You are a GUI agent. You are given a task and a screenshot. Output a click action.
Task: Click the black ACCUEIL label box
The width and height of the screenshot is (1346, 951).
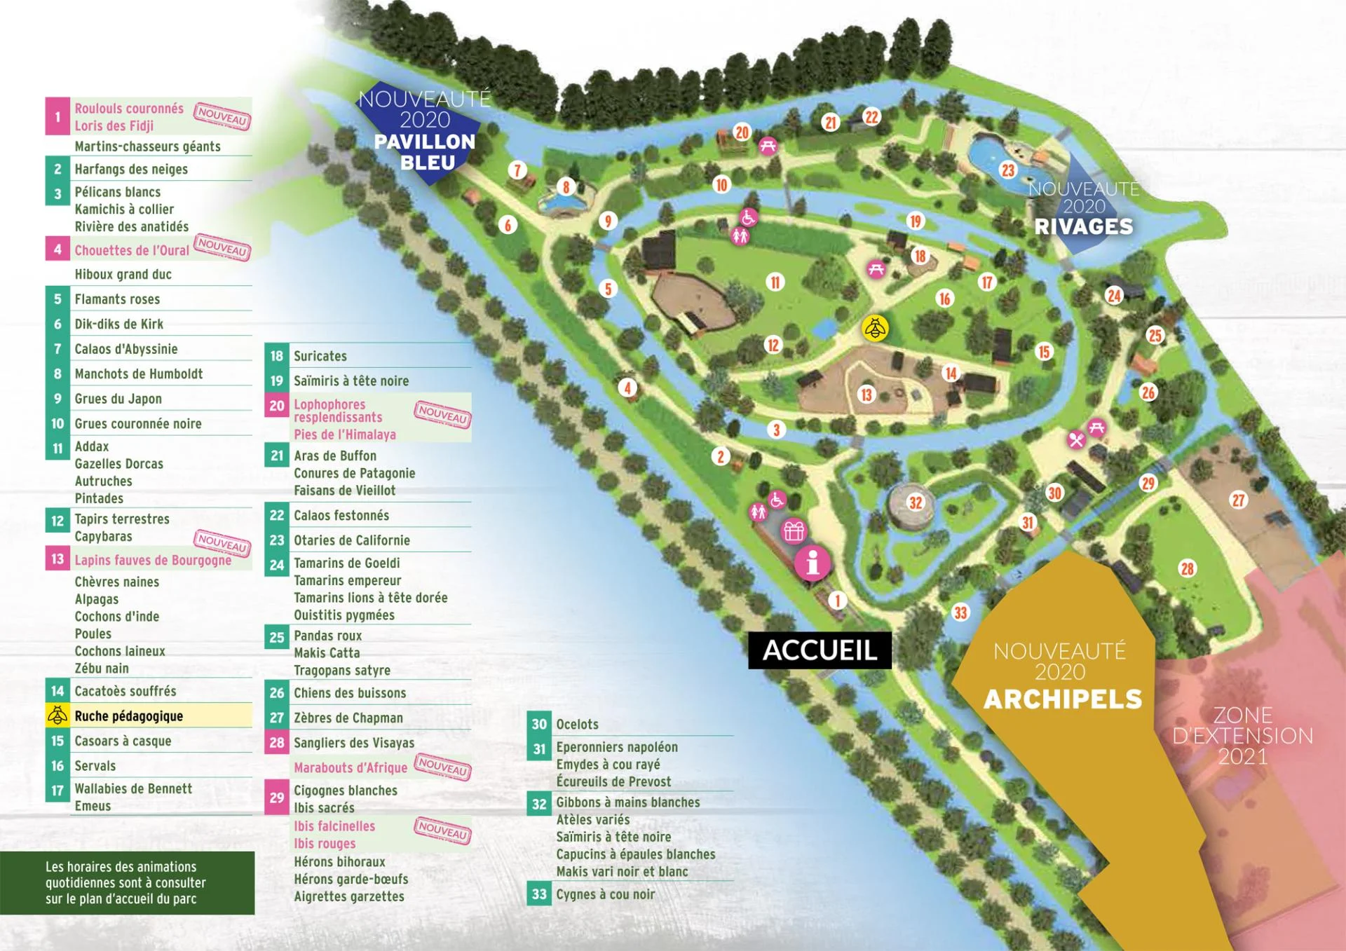pyautogui.click(x=820, y=650)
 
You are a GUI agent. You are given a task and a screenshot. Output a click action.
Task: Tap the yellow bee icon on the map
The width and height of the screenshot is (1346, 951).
pyautogui.click(x=875, y=328)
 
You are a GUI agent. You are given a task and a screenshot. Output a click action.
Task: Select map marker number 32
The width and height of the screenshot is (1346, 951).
pyautogui.click(x=916, y=502)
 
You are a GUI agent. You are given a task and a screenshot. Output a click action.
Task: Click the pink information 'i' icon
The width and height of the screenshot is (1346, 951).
pyautogui.click(x=813, y=563)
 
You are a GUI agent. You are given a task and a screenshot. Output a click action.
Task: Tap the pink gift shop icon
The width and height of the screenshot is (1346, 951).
pyautogui.click(x=794, y=531)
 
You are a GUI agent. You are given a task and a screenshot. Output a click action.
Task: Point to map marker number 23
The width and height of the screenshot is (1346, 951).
pyautogui.click(x=1008, y=170)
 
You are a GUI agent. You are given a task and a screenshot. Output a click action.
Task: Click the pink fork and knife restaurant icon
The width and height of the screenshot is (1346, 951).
pyautogui.click(x=1077, y=440)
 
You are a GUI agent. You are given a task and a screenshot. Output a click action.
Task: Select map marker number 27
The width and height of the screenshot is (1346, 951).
pyautogui.click(x=1239, y=500)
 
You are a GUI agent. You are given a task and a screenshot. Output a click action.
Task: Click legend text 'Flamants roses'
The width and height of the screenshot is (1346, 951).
pyautogui.click(x=117, y=299)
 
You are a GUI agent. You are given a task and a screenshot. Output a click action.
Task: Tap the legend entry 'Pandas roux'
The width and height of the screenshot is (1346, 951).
pyautogui.click(x=327, y=636)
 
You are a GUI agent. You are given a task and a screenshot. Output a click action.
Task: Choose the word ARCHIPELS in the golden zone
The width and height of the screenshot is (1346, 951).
pyautogui.click(x=1063, y=699)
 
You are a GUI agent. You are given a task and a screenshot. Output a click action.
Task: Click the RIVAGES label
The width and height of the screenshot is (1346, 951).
pyautogui.click(x=1084, y=226)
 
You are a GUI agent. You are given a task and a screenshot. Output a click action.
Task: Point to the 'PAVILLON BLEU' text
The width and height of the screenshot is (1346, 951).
pyautogui.click(x=425, y=152)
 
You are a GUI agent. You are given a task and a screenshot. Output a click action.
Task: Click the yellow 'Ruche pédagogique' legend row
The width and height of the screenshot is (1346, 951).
pyautogui.click(x=149, y=716)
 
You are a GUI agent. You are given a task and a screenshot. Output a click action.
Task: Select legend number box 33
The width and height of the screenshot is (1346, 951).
pyautogui.click(x=538, y=894)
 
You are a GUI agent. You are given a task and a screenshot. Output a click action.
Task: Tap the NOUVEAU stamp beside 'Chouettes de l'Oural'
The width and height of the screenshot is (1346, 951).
pyautogui.click(x=222, y=247)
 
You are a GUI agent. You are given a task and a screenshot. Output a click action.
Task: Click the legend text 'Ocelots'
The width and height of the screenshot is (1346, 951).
pyautogui.click(x=577, y=724)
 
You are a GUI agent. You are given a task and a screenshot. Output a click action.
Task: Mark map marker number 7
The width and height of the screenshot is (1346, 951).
pyautogui.click(x=517, y=170)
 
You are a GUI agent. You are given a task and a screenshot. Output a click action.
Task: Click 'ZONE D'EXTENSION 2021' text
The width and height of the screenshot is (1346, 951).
pyautogui.click(x=1242, y=736)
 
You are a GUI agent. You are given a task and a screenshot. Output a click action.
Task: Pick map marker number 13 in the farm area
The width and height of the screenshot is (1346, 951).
pyautogui.click(x=866, y=395)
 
